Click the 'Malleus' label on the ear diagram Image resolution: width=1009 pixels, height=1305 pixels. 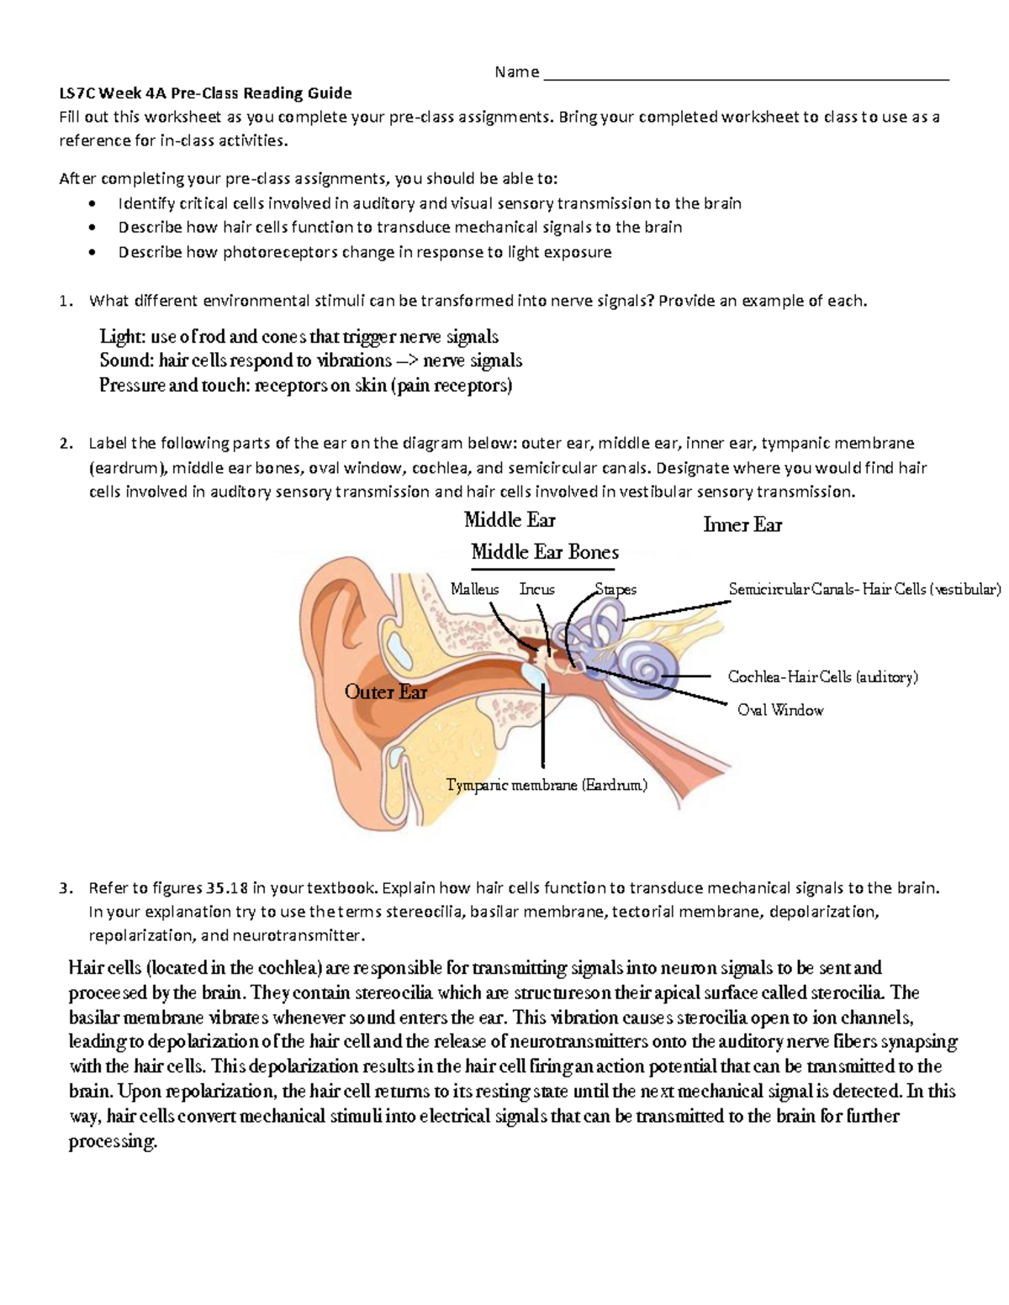point(474,589)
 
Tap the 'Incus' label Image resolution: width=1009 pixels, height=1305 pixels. point(536,589)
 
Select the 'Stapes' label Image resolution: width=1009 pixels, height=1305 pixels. point(615,589)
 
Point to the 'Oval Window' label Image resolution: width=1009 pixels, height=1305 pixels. point(779,710)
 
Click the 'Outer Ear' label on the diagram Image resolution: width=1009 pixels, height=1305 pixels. point(386,692)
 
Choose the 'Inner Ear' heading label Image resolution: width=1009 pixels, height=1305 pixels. point(742,525)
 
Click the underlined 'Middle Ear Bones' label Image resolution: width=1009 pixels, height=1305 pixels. point(545,552)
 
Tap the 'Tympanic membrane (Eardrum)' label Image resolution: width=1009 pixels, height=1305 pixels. point(547,785)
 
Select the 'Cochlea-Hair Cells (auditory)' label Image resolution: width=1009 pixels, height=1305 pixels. point(822,676)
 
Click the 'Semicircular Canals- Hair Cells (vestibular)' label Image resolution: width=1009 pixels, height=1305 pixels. point(864,589)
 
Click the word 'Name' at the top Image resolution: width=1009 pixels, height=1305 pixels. point(516,72)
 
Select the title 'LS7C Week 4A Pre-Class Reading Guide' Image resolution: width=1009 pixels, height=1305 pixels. point(205,92)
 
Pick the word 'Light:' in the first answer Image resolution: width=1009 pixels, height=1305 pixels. point(122,337)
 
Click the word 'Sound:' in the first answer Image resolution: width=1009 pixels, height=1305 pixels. point(126,361)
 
